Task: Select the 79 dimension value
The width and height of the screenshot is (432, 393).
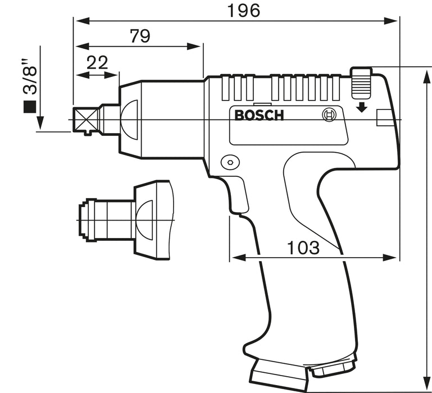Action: (x=139, y=36)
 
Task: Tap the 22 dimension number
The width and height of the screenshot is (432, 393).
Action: (x=97, y=62)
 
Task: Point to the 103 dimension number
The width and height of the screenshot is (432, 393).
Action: (x=303, y=247)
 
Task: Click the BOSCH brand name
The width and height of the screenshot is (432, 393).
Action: (x=259, y=116)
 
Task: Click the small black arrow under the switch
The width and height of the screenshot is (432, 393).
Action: (x=362, y=106)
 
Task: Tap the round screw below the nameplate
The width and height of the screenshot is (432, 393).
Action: (x=228, y=162)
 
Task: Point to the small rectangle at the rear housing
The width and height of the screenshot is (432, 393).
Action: (x=383, y=117)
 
